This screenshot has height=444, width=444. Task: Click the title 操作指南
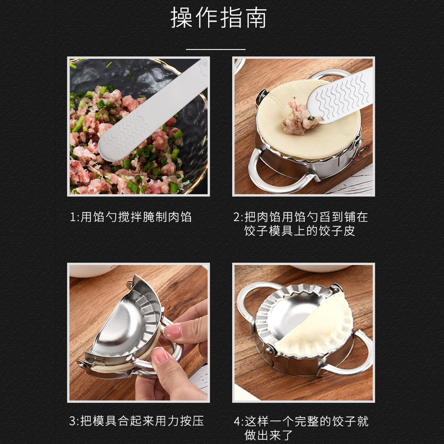point(219,19)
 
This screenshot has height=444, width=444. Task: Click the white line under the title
point(216,49)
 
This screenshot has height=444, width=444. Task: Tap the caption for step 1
point(130,217)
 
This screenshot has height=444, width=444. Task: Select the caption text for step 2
point(301,224)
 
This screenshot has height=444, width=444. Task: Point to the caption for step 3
point(136,421)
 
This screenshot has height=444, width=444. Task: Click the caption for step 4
point(301,428)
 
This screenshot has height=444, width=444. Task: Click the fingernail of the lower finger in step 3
point(160,356)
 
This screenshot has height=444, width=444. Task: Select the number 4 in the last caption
point(237,421)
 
